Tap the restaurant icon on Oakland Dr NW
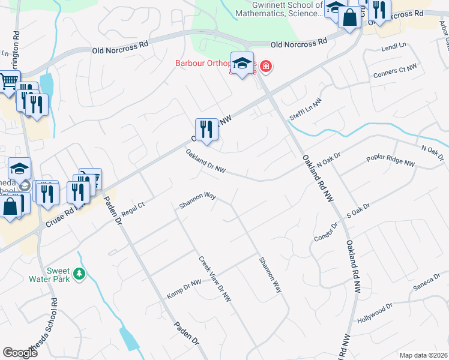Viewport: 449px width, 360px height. tap(206, 129)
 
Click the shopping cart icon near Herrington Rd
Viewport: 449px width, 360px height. tap(8, 82)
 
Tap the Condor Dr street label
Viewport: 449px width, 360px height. tap(327, 231)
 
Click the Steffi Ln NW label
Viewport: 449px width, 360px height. tap(306, 110)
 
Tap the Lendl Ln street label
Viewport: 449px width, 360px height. tap(394, 46)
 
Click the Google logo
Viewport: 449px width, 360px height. tap(20, 353)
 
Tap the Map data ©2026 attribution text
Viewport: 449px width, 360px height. tap(423, 355)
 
